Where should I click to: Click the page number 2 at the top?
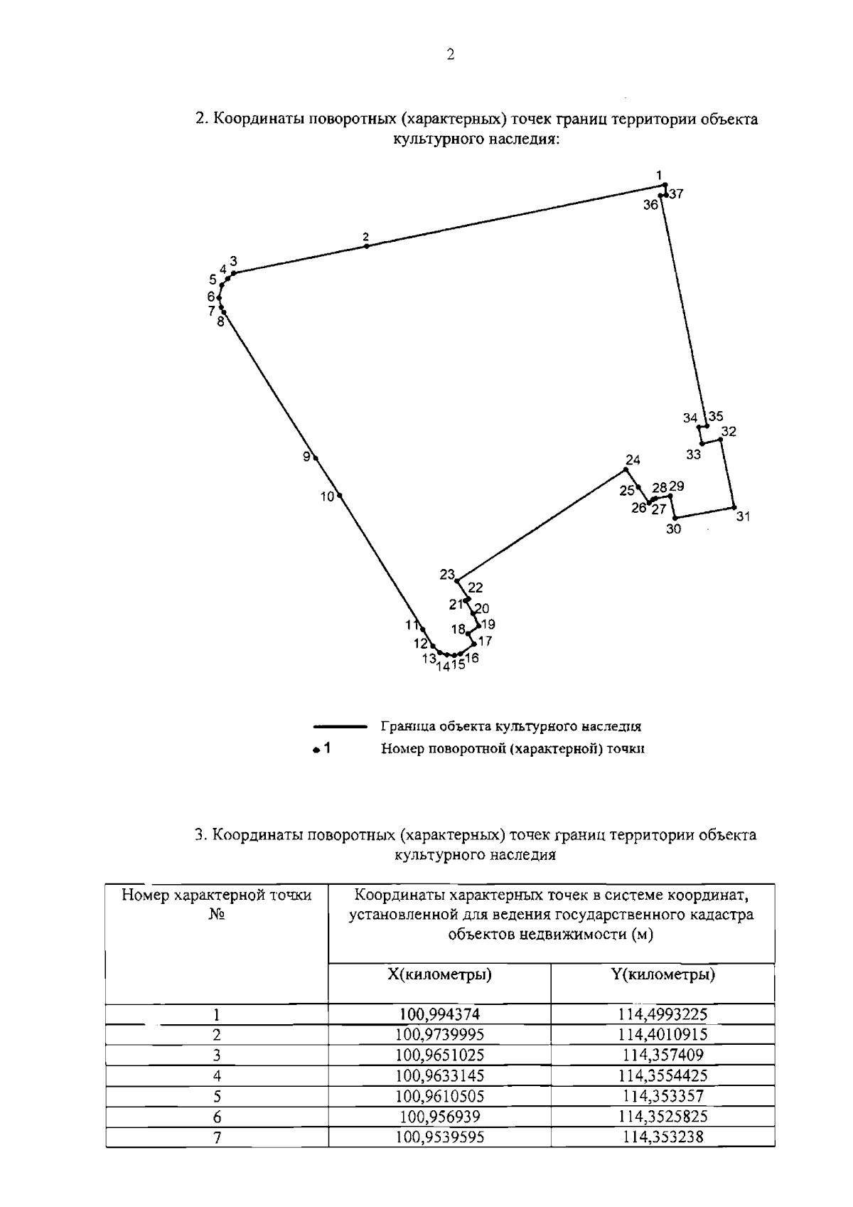(450, 55)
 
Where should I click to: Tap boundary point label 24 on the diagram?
(633, 459)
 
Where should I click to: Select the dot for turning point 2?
(367, 246)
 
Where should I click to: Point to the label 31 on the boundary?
(743, 517)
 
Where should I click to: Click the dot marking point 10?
(340, 495)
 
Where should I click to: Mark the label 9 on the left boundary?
(306, 457)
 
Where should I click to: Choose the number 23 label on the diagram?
(446, 574)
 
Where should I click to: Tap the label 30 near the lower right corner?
(673, 529)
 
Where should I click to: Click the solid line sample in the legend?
(340, 727)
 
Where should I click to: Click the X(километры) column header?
(439, 974)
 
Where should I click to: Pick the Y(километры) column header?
(662, 974)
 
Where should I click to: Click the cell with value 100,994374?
(439, 1014)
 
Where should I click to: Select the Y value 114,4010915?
(662, 1034)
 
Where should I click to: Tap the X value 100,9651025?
(439, 1055)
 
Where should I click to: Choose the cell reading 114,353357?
(662, 1096)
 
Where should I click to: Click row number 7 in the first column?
(217, 1137)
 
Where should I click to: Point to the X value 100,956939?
(439, 1117)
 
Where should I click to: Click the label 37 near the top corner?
(676, 193)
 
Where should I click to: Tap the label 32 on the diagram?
(728, 432)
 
